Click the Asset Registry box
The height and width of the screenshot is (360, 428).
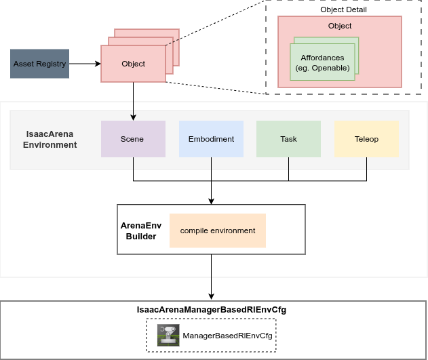(40, 64)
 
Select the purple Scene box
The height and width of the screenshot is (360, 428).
(133, 139)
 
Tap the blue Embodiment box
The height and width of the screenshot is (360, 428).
(211, 139)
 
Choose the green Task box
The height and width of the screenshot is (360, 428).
(288, 139)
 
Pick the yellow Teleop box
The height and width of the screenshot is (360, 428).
(366, 139)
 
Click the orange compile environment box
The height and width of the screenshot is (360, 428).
(218, 231)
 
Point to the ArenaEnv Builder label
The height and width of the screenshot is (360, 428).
(141, 231)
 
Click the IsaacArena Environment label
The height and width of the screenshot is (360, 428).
(50, 139)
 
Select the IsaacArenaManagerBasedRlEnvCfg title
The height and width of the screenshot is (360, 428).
(212, 310)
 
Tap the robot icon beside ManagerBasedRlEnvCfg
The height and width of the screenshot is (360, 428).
(168, 335)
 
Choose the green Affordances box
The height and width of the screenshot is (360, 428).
(323, 62)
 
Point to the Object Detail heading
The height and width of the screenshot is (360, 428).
(343, 9)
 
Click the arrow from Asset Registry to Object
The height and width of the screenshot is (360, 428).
(85, 64)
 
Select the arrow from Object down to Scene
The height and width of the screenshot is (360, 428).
(133, 102)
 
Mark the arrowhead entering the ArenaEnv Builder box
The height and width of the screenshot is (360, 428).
(212, 200)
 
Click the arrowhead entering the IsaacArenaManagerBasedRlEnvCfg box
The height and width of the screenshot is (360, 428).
(212, 296)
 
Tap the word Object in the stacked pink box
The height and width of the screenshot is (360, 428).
(133, 64)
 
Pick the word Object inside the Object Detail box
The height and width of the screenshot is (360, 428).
(340, 26)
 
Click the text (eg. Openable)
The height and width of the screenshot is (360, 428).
(323, 68)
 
